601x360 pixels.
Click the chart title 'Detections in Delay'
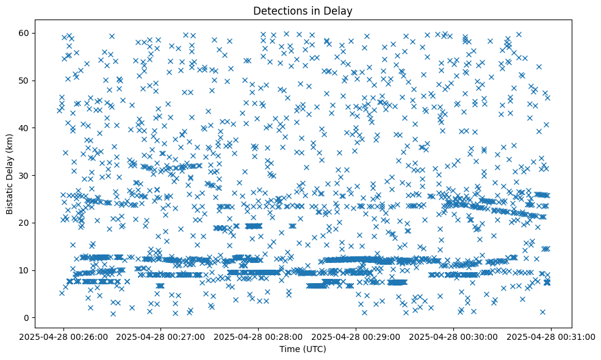pos(303,11)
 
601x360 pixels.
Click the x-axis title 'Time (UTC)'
pos(303,349)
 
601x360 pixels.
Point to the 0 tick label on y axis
pos(26,318)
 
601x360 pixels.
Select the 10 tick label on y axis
pos(24,270)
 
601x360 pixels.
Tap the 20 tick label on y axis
pos(24,223)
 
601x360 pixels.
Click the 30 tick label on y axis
pos(24,175)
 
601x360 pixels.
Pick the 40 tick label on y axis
pos(24,128)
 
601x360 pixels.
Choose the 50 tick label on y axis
pos(24,81)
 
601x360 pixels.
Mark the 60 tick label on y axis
pos(24,33)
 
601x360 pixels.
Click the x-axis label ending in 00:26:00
pos(63,336)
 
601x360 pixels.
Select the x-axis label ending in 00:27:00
pos(160,336)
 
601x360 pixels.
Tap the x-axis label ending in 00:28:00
pos(259,336)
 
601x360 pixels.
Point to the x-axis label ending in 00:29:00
pos(356,336)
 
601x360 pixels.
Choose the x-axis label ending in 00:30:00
pos(454,336)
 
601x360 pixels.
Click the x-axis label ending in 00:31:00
pos(552,336)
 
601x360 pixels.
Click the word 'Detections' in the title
pos(278,11)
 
